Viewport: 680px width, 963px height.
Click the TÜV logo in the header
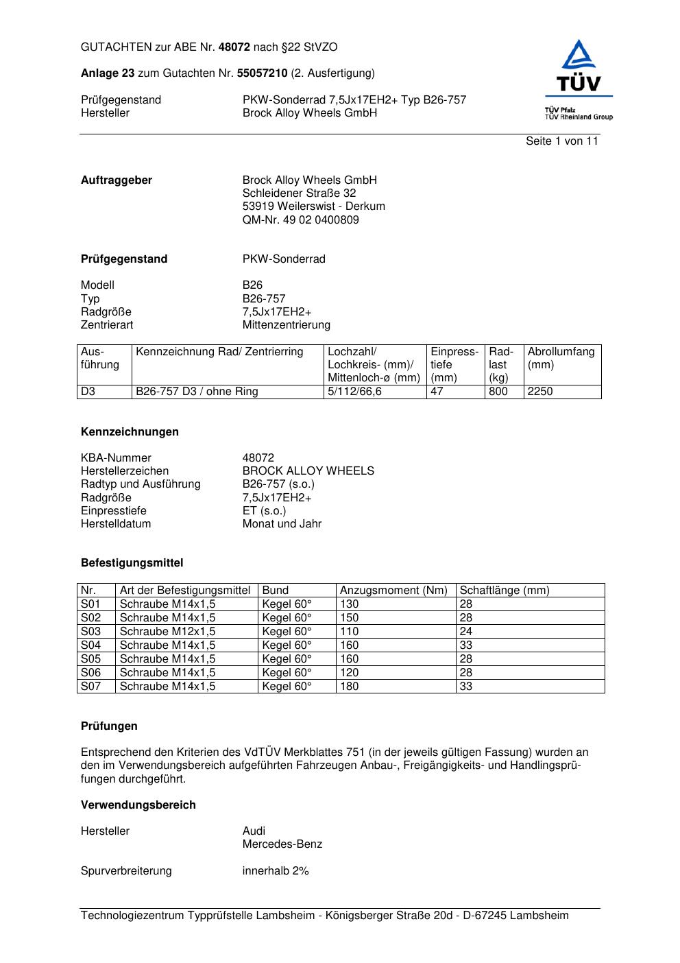point(579,79)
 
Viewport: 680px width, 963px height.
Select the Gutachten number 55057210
point(262,73)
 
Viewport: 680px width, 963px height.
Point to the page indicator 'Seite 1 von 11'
point(561,141)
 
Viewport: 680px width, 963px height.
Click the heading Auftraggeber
point(117,180)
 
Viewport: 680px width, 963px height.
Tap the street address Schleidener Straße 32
point(299,193)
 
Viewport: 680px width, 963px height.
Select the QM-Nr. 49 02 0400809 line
point(300,220)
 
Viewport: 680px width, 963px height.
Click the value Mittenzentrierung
point(286,325)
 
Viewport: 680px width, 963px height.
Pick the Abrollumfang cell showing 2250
point(540,392)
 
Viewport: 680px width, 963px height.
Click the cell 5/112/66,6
point(354,392)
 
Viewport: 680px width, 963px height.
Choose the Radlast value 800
point(498,392)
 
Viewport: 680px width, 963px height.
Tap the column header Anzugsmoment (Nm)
point(393,591)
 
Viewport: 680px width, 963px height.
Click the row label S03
point(90,632)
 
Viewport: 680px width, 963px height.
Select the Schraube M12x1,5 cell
point(167,632)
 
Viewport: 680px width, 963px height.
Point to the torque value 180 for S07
point(349,687)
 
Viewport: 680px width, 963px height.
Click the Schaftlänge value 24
point(466,632)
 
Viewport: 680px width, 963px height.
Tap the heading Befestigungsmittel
point(132,563)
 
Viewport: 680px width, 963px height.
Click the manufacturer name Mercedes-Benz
point(282,844)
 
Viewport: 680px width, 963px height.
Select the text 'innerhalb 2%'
point(276,871)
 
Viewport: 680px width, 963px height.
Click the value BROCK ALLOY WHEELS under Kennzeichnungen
point(308,471)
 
